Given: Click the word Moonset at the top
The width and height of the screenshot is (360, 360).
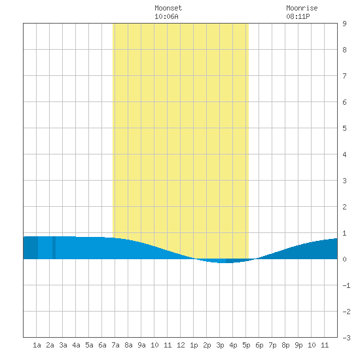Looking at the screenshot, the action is pos(168,8).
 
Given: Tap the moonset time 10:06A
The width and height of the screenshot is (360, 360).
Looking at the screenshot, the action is pos(166,16).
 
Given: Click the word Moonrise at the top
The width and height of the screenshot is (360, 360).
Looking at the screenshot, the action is pos(302,8).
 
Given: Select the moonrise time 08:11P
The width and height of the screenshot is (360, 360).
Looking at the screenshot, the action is pos(298,16).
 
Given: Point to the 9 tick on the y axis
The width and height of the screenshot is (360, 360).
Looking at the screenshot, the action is pos(344,24).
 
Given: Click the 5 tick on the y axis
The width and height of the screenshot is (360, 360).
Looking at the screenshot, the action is pos(344,128).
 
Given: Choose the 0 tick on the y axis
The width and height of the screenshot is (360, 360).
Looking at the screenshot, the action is pos(344,259).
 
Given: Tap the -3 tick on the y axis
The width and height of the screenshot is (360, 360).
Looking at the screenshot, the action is pos(346,338).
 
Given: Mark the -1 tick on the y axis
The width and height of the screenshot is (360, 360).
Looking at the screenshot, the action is pos(346,285).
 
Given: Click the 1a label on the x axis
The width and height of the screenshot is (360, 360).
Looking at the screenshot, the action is pos(37,345).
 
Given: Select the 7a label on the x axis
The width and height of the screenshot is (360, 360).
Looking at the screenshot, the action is pos(115,345).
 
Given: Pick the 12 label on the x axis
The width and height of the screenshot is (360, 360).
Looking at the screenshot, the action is pos(181,345).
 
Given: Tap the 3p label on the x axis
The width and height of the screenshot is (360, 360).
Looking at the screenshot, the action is pos(220,345).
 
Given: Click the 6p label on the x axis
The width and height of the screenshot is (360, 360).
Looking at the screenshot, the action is pos(259,345).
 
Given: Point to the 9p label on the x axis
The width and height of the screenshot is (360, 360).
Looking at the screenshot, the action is pos(298,345).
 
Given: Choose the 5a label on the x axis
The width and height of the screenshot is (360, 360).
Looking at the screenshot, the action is pos(89,345).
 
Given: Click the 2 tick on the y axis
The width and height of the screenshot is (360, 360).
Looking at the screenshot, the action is pos(344,207).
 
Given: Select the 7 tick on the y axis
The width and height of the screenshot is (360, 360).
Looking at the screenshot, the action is pos(344,76).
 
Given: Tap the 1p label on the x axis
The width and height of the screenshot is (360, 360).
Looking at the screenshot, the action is pos(194,345).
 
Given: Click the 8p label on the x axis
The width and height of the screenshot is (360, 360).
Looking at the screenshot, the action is pos(285,345).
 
